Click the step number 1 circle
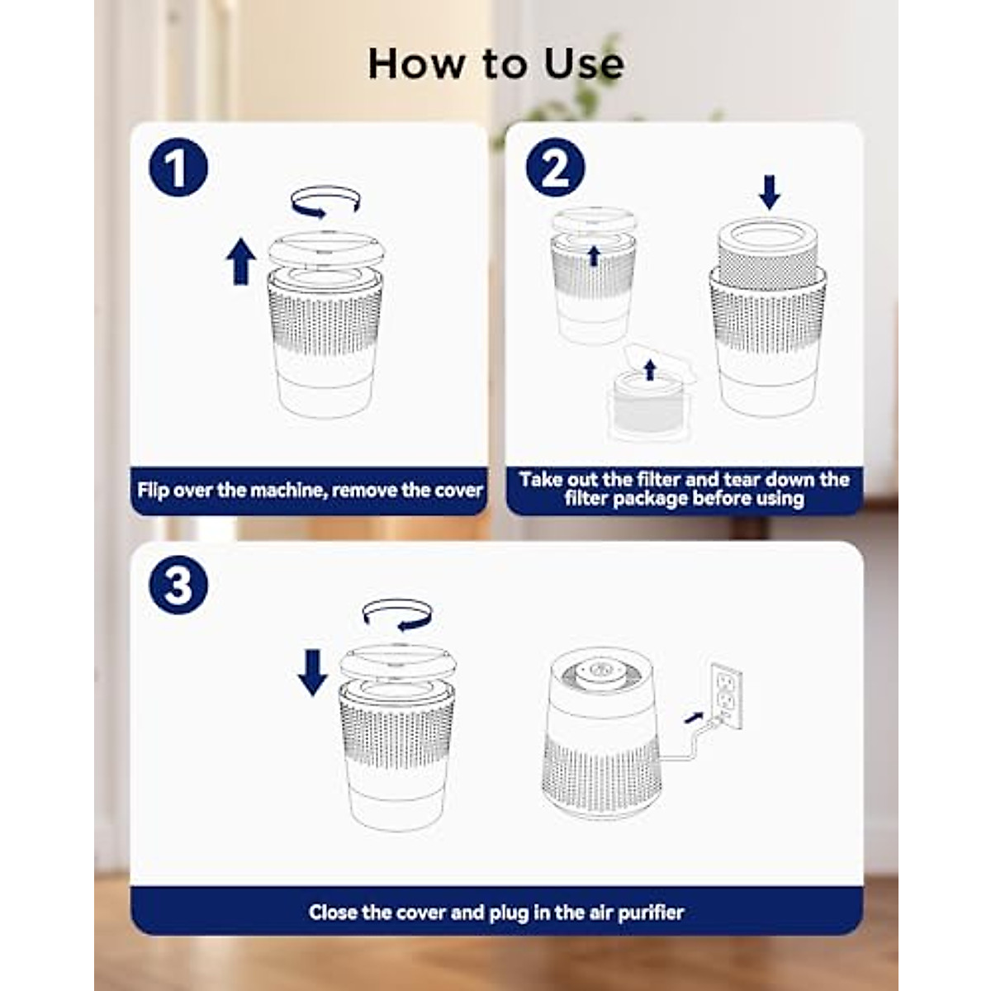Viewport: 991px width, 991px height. point(178,167)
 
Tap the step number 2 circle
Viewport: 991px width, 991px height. point(555,167)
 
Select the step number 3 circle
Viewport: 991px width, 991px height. point(178,585)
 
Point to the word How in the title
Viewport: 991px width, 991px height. point(415,64)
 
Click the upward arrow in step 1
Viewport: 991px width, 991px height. point(241,261)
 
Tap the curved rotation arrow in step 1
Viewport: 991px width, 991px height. point(325,201)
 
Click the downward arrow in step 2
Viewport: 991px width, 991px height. point(770,192)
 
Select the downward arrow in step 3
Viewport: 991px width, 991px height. point(313,672)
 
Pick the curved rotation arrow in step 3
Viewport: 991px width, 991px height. point(397,614)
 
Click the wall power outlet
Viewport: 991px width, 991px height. point(727,696)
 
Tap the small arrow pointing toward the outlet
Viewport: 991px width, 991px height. point(695,716)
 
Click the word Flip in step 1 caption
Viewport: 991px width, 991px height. point(154,490)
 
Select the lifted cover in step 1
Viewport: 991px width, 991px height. point(326,250)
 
